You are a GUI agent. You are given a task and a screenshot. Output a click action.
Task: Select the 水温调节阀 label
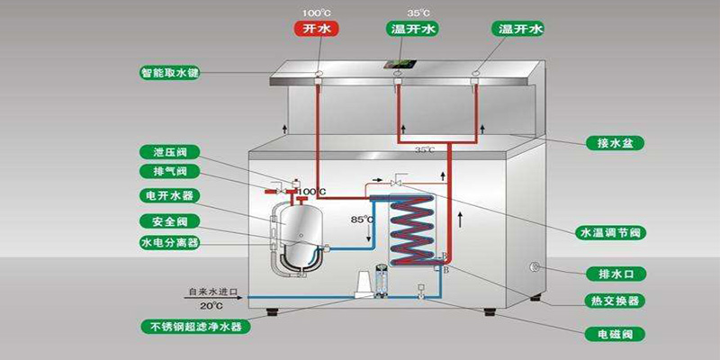[x=609, y=232]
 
